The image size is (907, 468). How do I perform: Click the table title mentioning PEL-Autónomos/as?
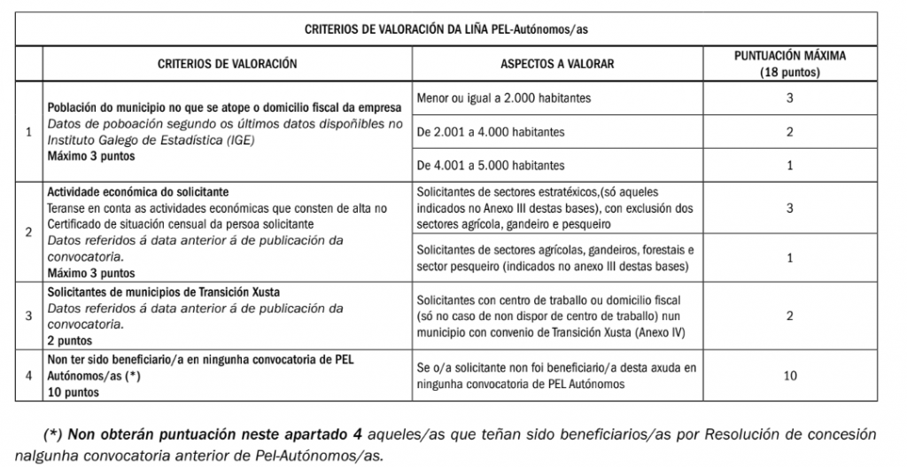(x=453, y=28)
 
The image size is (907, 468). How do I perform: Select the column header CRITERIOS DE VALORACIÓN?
(x=227, y=63)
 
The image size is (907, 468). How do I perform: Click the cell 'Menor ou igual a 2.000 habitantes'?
(x=503, y=97)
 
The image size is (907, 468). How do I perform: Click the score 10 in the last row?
(x=789, y=375)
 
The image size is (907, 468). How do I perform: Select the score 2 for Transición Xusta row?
(x=789, y=316)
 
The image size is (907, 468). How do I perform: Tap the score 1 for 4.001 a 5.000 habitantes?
(x=789, y=165)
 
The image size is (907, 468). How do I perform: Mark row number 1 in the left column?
(x=29, y=132)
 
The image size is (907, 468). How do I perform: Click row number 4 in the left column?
(x=29, y=375)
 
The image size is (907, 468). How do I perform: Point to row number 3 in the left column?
(x=29, y=316)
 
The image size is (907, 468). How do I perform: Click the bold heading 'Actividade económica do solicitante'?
(x=138, y=191)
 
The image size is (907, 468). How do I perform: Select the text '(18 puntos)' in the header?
(x=790, y=71)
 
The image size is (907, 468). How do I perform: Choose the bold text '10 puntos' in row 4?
(x=73, y=390)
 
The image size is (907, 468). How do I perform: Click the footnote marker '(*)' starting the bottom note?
(x=53, y=435)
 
